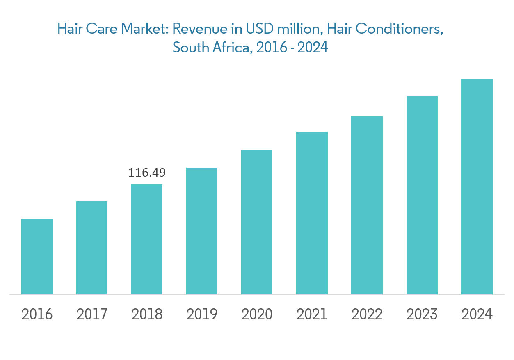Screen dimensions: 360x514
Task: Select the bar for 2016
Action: click(37, 257)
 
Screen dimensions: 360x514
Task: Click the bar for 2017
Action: click(92, 248)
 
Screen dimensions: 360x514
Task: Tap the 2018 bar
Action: click(147, 239)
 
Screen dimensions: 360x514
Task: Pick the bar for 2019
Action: click(202, 231)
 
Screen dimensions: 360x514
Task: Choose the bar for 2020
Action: click(257, 222)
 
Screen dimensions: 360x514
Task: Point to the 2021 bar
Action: click(312, 213)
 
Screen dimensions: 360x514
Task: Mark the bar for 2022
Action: click(367, 205)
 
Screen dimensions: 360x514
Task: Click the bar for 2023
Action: click(422, 195)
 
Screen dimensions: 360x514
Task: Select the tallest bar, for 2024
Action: click(477, 187)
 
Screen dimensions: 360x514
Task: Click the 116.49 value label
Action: click(147, 173)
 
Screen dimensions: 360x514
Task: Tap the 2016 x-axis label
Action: click(37, 314)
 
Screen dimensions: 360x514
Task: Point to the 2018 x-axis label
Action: click(147, 314)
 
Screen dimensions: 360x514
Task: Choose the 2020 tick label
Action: click(257, 314)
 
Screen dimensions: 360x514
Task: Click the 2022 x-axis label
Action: click(367, 314)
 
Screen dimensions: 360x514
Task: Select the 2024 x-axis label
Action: click(477, 314)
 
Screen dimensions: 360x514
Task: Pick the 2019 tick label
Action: click(202, 314)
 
